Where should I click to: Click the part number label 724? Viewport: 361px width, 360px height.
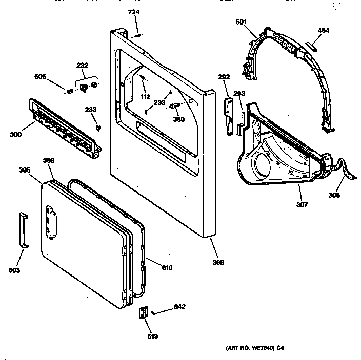133,12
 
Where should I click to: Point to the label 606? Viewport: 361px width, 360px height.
40,76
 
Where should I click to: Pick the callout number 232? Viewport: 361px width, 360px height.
82,65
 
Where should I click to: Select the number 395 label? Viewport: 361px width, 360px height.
25,170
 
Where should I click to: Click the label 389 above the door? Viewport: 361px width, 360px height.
49,160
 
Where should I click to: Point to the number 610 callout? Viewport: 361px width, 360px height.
167,268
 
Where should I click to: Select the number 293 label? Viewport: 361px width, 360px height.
239,93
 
